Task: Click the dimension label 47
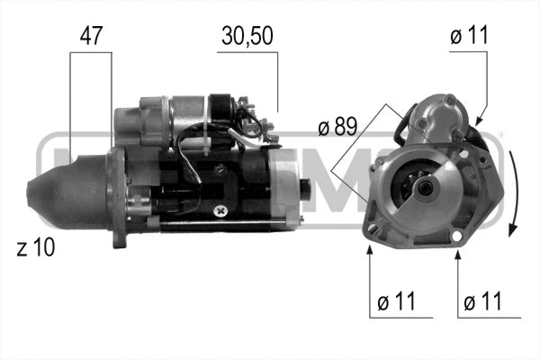(91, 35)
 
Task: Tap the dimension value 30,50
(247, 35)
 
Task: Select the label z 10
(36, 247)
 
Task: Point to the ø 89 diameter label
(337, 126)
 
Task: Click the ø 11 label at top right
(469, 35)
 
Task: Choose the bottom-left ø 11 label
(396, 301)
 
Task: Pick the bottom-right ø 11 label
(482, 301)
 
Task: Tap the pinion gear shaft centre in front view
(426, 188)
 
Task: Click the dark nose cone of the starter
(67, 192)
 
